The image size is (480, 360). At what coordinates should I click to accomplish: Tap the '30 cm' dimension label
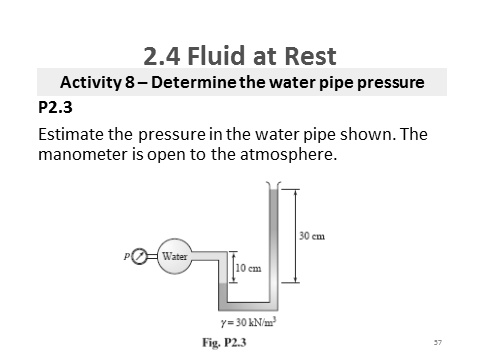[311, 236]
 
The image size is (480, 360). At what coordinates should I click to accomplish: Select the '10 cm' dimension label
[249, 269]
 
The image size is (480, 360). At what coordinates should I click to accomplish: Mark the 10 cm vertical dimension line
[233, 270]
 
